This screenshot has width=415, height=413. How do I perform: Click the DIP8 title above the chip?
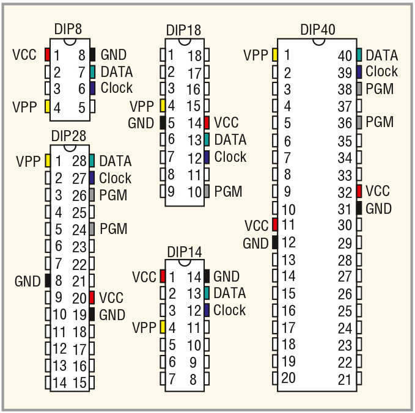click(x=68, y=29)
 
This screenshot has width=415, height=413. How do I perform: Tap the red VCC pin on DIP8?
click(x=48, y=54)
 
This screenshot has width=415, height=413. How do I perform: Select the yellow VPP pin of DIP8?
click(x=48, y=107)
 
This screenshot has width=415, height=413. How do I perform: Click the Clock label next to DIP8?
click(x=117, y=87)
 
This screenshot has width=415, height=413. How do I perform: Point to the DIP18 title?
click(x=183, y=30)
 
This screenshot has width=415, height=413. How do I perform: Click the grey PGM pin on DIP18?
click(x=207, y=191)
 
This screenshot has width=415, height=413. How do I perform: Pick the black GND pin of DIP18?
click(x=163, y=122)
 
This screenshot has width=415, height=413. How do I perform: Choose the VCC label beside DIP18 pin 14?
click(x=227, y=122)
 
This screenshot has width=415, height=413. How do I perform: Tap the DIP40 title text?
click(x=318, y=29)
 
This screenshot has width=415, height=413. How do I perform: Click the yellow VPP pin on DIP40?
click(x=275, y=55)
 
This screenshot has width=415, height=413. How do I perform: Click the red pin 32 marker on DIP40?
click(x=359, y=191)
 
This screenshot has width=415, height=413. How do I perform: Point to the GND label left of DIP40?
click(x=255, y=243)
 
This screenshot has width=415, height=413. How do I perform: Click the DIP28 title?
click(x=68, y=135)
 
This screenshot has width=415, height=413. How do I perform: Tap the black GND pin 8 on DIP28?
click(x=48, y=280)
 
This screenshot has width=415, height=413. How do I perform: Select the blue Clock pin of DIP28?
click(x=92, y=178)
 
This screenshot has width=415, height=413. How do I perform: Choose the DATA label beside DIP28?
click(x=116, y=161)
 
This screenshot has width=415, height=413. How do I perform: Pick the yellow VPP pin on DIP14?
click(x=163, y=327)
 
